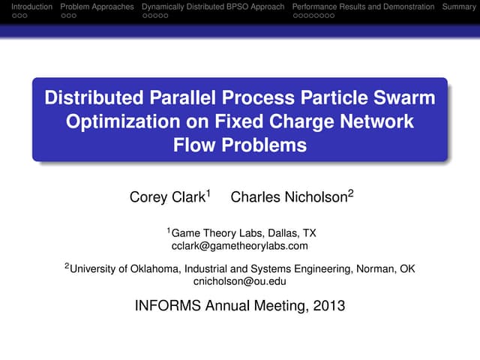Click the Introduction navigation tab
pyautogui.click(x=26, y=7)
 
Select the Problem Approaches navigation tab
pyautogui.click(x=97, y=7)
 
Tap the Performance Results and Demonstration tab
pyautogui.click(x=363, y=7)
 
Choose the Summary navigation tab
pyautogui.click(x=460, y=7)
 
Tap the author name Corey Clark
pyautogui.click(x=168, y=198)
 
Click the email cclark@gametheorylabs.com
pyautogui.click(x=240, y=245)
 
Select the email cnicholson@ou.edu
pyautogui.click(x=240, y=281)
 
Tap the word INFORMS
pyautogui.click(x=167, y=305)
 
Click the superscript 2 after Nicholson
pyautogui.click(x=350, y=193)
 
